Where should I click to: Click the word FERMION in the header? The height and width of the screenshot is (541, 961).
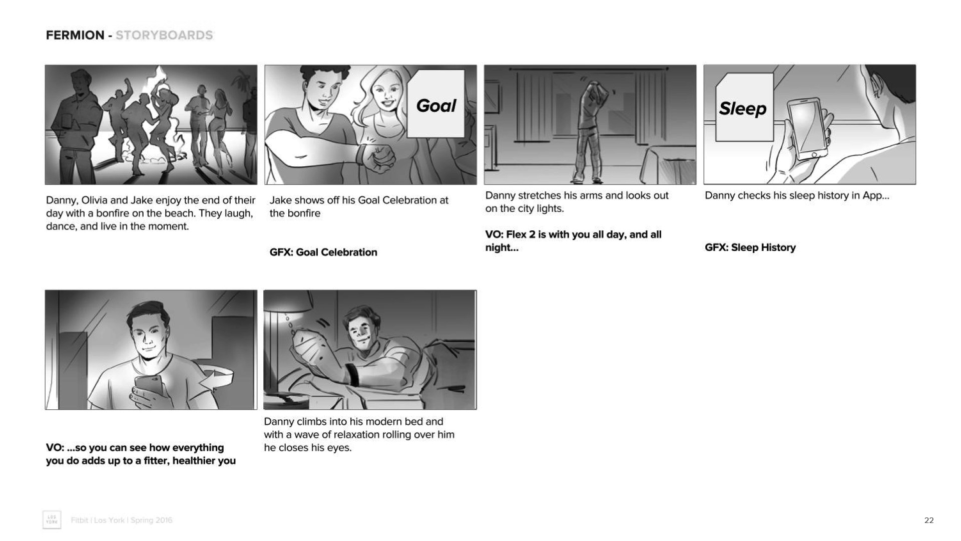click(x=75, y=35)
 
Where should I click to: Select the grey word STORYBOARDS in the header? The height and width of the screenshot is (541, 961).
click(x=164, y=35)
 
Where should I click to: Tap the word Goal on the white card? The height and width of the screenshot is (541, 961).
click(x=436, y=106)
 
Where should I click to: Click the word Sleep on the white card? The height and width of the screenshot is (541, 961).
click(x=743, y=108)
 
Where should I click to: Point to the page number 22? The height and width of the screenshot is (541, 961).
click(x=929, y=520)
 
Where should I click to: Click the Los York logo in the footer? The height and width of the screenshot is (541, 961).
click(x=52, y=520)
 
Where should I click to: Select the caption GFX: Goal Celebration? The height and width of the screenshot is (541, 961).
click(x=323, y=252)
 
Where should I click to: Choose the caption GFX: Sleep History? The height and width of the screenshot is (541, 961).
click(x=750, y=247)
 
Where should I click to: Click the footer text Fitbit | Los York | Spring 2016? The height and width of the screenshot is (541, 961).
click(x=122, y=520)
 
